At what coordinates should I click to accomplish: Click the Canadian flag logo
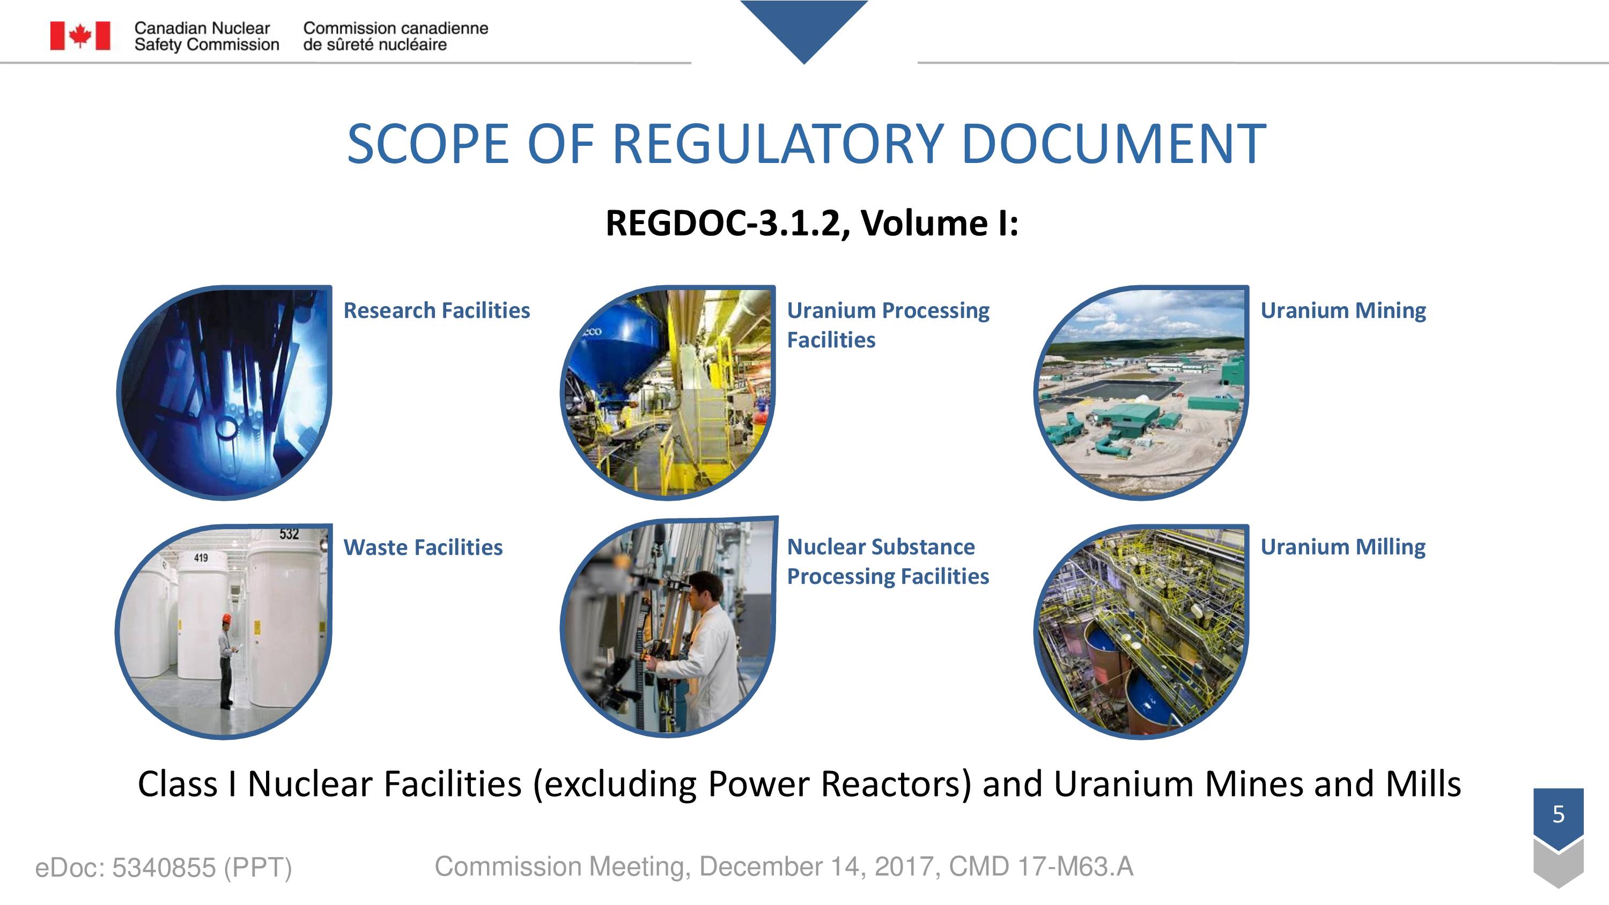(x=80, y=35)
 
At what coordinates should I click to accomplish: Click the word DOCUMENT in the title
(x=1113, y=144)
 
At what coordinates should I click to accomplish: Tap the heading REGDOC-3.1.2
(x=728, y=223)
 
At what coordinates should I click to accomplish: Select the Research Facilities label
(x=437, y=310)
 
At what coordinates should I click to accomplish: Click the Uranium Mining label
(x=1343, y=311)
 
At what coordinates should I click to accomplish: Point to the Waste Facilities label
(x=423, y=547)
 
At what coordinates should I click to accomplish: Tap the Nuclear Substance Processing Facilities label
(x=888, y=561)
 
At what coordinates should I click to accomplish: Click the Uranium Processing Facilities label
(x=888, y=325)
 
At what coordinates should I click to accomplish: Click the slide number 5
(x=1559, y=814)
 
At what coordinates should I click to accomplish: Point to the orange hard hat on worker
(x=227, y=618)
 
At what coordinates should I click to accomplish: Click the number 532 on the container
(x=289, y=534)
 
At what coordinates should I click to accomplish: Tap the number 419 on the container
(x=201, y=557)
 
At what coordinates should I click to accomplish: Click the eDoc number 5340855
(x=164, y=867)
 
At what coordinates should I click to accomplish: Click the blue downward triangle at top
(x=804, y=25)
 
